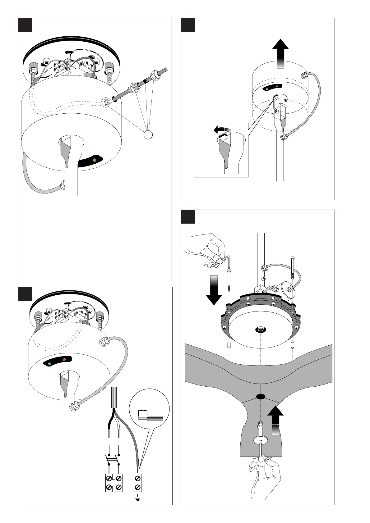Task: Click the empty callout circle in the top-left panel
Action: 148,135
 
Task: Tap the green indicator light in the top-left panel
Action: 95,160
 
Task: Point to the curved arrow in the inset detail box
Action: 222,130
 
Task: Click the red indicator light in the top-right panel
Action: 277,86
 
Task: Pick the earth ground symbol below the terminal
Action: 138,499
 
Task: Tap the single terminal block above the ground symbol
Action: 138,482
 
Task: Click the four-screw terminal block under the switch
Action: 114,483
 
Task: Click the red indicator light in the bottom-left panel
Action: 64,360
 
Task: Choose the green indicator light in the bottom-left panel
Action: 50,363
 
